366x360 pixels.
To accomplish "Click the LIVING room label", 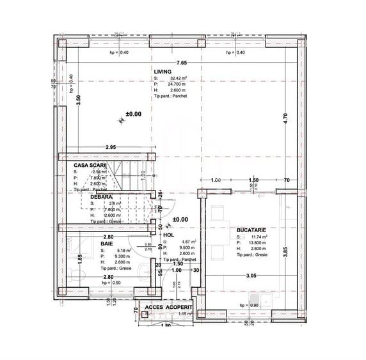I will click(x=162, y=72).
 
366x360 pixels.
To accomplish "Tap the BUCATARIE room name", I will click(x=251, y=228).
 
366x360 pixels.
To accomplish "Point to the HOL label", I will click(x=168, y=235).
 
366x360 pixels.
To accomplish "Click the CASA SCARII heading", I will click(x=89, y=165).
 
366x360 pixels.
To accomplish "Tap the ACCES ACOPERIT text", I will click(x=168, y=308).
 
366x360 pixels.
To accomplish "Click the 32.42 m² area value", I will click(x=178, y=79).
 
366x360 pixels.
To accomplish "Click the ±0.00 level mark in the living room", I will click(x=133, y=114).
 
